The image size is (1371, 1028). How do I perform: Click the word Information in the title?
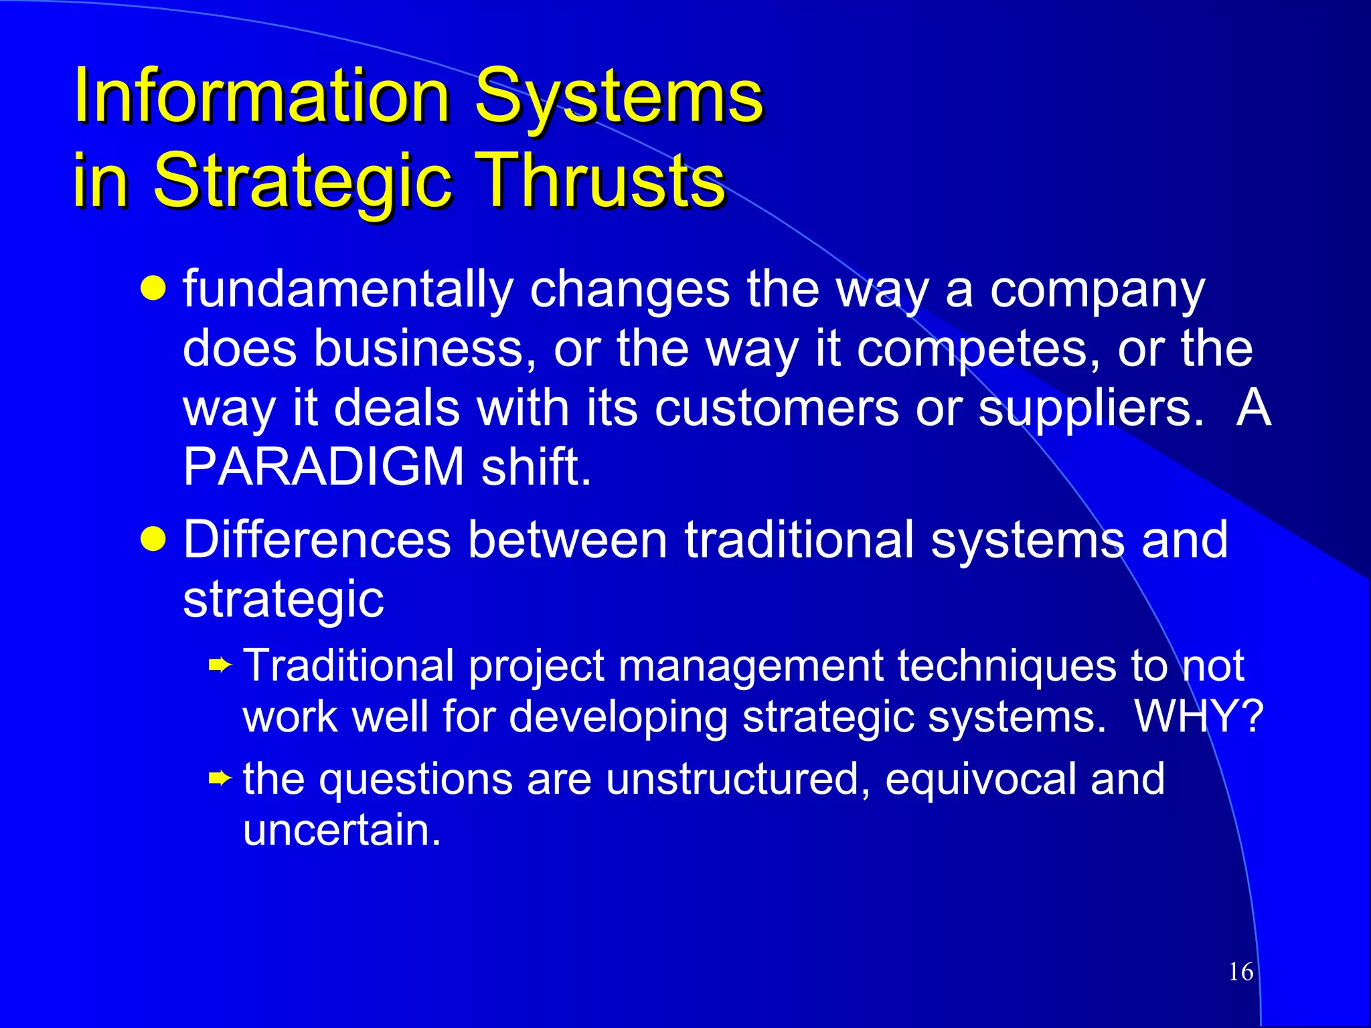tap(261, 97)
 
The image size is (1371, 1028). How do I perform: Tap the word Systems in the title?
tap(619, 97)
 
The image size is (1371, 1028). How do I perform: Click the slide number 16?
tap(1240, 972)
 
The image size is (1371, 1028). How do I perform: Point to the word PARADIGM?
tap(323, 467)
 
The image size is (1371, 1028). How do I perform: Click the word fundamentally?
tap(347, 290)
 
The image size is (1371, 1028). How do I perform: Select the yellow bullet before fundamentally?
tap(153, 289)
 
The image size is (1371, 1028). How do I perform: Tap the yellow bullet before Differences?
tap(153, 539)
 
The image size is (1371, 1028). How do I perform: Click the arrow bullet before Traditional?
tap(220, 666)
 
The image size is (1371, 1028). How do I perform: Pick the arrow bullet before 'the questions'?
tap(220, 778)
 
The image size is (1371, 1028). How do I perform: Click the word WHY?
tap(1198, 717)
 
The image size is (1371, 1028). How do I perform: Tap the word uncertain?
tap(341, 831)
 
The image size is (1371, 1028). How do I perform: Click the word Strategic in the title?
tap(303, 181)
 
